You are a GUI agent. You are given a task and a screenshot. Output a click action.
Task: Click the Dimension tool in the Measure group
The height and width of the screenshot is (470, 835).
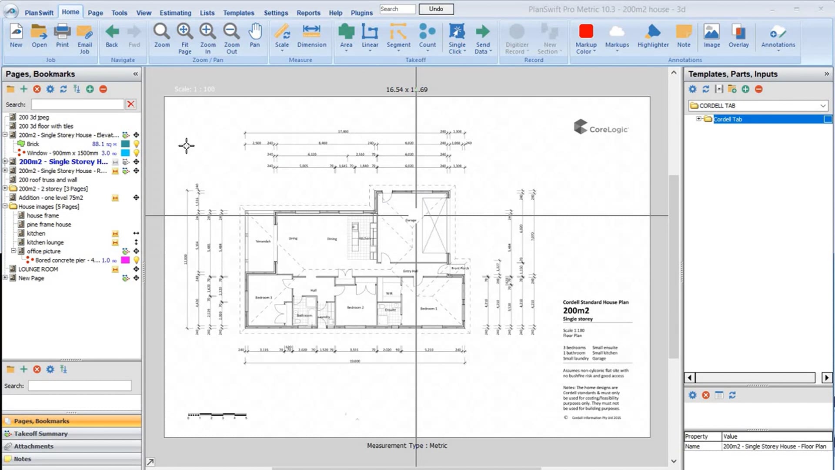click(x=311, y=36)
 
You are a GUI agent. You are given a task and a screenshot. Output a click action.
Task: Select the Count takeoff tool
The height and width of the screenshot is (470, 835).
click(x=427, y=36)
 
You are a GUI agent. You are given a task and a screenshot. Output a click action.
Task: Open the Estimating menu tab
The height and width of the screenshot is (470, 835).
click(x=175, y=13)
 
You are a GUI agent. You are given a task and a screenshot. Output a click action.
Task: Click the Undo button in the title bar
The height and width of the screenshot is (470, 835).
click(x=436, y=9)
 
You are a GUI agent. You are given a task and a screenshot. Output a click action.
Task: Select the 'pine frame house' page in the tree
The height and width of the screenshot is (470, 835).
click(x=49, y=225)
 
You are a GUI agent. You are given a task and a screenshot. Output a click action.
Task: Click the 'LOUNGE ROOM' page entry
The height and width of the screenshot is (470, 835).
click(x=38, y=269)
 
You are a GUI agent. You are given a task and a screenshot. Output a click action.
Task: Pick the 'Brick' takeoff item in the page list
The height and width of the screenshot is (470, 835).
click(x=33, y=144)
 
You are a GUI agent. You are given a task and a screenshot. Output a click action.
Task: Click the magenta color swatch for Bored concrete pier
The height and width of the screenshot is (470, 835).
click(x=125, y=260)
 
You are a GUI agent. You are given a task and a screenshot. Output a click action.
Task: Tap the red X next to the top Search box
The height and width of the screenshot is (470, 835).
click(x=130, y=104)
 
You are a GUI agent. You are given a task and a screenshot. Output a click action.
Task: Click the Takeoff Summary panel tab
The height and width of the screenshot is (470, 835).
click(x=40, y=433)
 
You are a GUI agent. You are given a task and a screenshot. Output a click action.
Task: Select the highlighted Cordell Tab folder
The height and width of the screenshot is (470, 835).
click(x=728, y=119)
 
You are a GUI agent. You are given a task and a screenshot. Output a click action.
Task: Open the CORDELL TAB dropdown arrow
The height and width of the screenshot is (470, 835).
click(x=823, y=106)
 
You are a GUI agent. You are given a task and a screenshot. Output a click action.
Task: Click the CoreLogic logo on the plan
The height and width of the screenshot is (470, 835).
click(x=601, y=127)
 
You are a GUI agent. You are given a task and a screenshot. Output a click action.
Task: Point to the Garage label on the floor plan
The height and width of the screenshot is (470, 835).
click(x=411, y=220)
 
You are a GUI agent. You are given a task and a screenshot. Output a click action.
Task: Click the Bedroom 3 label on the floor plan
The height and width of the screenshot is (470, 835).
click(x=264, y=298)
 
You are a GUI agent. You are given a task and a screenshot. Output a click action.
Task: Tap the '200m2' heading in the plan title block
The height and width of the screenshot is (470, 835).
click(x=576, y=311)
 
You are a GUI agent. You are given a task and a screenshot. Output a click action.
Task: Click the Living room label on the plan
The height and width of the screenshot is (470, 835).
click(x=293, y=238)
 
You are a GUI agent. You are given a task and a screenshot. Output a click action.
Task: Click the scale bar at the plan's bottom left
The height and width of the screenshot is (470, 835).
click(x=217, y=415)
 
